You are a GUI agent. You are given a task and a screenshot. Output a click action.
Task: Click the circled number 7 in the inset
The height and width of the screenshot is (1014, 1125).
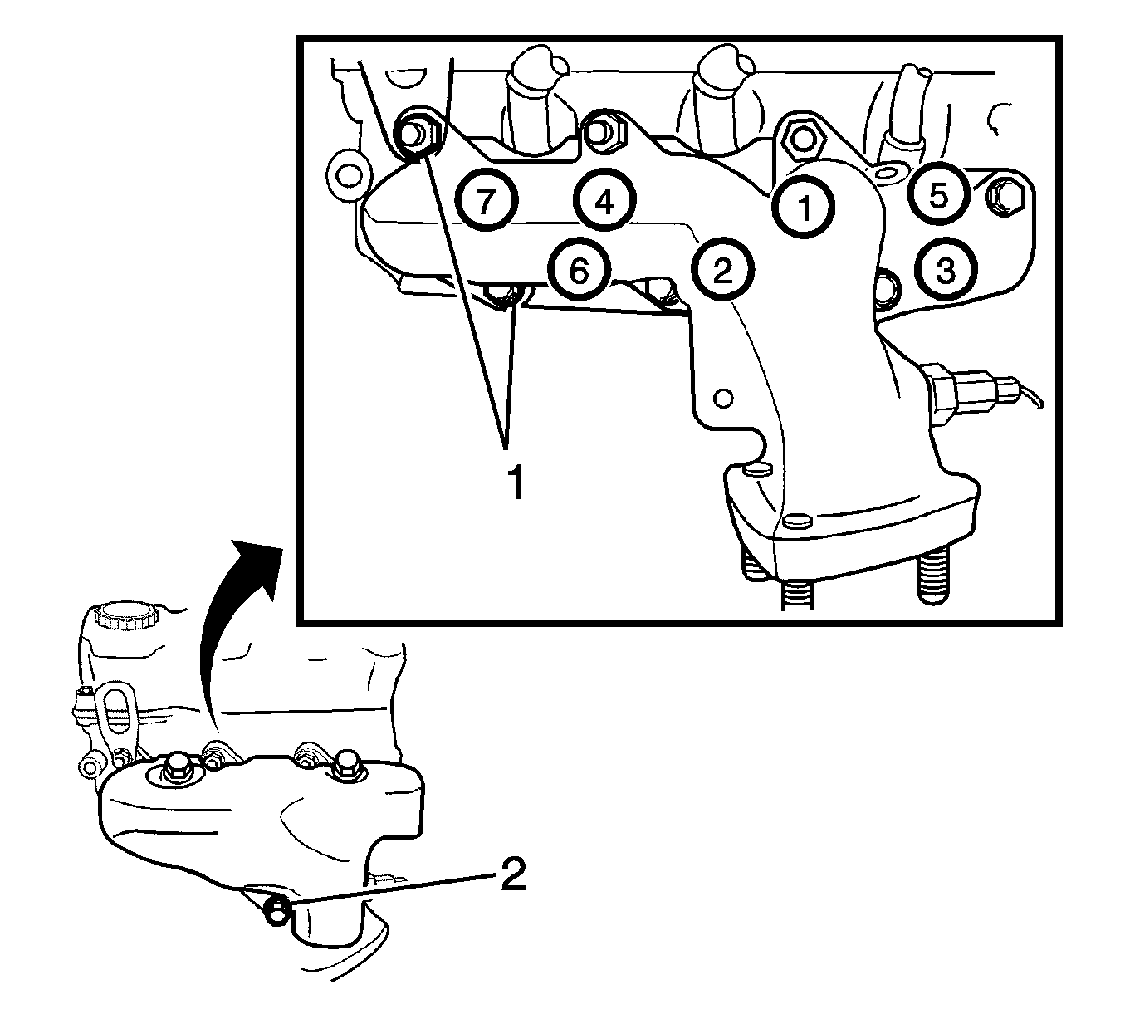click(x=487, y=200)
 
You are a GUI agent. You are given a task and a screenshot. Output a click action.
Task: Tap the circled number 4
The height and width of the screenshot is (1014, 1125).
click(x=605, y=200)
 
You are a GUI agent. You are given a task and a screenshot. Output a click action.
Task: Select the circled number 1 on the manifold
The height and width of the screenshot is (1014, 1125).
click(x=804, y=208)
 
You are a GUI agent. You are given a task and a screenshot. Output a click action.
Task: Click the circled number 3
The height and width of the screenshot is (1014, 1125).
click(x=946, y=270)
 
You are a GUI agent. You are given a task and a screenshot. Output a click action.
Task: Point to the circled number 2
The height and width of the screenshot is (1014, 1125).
click(x=723, y=270)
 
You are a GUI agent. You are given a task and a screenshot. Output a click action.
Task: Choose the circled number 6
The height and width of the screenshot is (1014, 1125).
click(x=580, y=270)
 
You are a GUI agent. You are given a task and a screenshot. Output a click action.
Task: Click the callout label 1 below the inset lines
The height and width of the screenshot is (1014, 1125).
click(x=516, y=483)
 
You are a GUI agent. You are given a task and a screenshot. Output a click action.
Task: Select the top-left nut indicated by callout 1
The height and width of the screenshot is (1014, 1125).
click(x=415, y=133)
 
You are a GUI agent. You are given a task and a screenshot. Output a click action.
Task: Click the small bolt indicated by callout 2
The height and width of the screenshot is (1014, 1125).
click(x=277, y=912)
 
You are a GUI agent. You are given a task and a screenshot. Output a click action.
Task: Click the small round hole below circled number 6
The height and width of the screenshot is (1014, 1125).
click(x=723, y=398)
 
